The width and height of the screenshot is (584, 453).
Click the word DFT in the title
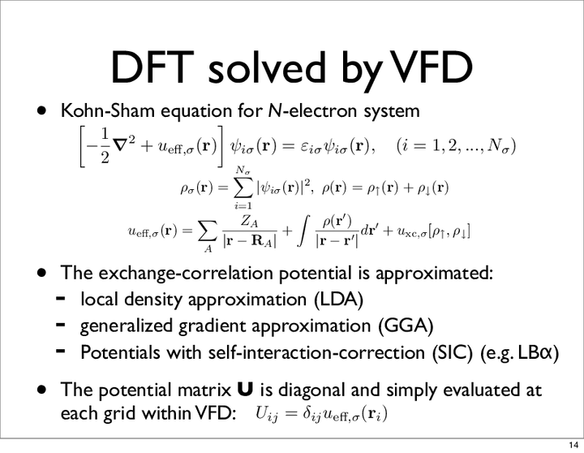point(152,68)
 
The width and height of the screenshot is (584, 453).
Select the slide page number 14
point(573,445)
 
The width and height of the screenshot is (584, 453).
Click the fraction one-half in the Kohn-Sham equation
point(105,146)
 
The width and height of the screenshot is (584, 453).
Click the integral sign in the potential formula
point(304,232)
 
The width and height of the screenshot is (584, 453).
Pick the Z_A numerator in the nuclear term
point(249,222)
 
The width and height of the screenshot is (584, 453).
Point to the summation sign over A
point(207,233)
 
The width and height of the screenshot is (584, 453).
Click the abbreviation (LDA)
point(338,300)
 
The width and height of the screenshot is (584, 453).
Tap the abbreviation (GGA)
point(406,326)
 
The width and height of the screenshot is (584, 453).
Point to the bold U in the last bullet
point(245,390)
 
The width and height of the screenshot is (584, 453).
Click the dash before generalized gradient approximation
point(61,325)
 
